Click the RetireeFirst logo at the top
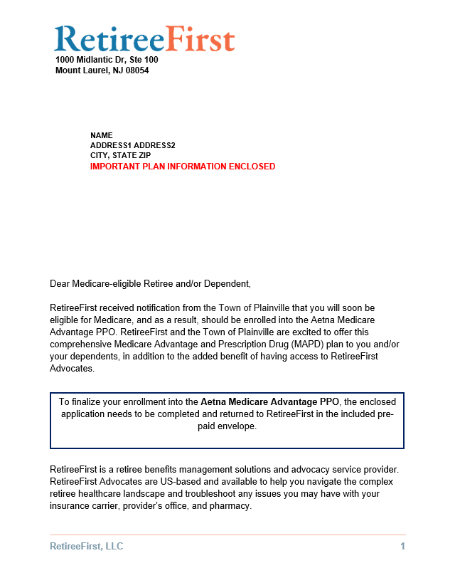[x=144, y=39]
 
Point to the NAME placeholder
[x=101, y=135]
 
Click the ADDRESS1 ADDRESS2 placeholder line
[x=132, y=145]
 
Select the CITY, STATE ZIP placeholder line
[x=120, y=155]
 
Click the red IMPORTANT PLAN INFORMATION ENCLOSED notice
[x=182, y=167]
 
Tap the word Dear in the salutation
[x=60, y=284]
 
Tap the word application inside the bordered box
[x=85, y=414]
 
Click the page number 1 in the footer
[x=402, y=547]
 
